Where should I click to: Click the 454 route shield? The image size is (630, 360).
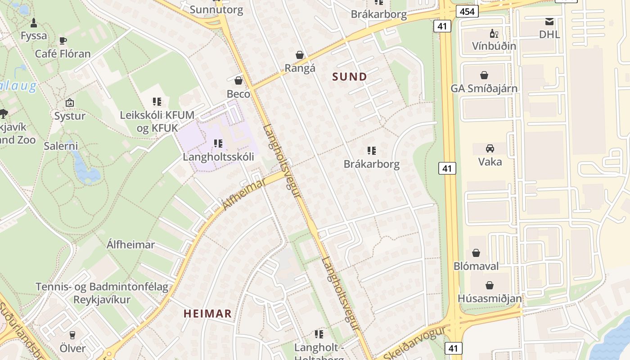[467, 11]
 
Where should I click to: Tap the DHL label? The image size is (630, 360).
[549, 34]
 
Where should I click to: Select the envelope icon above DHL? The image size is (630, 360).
[549, 22]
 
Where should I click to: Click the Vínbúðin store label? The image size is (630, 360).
[494, 46]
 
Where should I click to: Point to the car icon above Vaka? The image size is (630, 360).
[490, 148]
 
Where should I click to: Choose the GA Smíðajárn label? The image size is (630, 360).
[484, 88]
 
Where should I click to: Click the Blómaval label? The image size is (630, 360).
[476, 266]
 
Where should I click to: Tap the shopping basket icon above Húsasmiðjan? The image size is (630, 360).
[490, 285]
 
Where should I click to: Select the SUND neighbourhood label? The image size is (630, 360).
[350, 77]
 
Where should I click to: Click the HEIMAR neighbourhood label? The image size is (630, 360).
[207, 314]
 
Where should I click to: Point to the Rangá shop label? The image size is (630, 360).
[300, 68]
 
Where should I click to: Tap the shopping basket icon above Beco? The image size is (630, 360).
[238, 81]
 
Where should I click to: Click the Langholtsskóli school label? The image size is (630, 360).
[218, 157]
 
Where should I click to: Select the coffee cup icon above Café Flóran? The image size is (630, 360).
[63, 41]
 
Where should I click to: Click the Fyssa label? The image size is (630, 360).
[34, 36]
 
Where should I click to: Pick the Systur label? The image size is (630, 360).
[70, 116]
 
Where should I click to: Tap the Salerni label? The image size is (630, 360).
[61, 146]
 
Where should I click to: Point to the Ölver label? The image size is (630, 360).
[72, 348]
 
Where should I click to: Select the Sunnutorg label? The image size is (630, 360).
[216, 9]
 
